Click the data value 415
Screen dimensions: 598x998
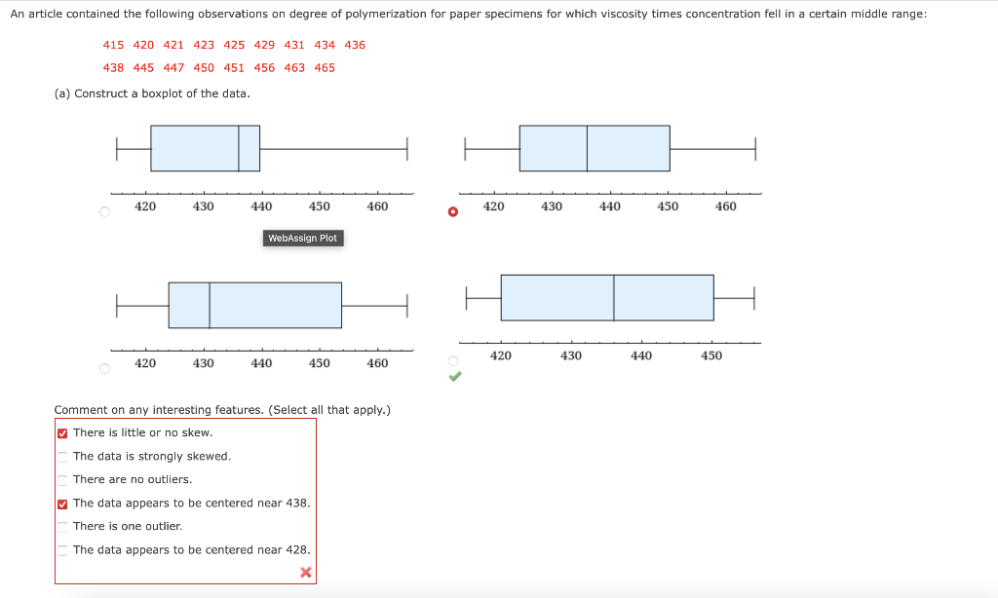(x=113, y=45)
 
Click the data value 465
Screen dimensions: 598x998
(x=325, y=68)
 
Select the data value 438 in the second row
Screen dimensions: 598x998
(x=113, y=68)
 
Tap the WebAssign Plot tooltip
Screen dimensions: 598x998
(x=302, y=239)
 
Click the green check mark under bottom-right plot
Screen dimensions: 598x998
(x=453, y=377)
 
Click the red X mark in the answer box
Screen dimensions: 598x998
(x=305, y=573)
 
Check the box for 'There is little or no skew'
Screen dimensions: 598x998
(x=62, y=433)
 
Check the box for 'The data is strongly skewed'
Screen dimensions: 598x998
(x=62, y=457)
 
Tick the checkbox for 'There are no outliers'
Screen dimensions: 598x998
(x=62, y=480)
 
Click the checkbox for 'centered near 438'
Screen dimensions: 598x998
(x=62, y=504)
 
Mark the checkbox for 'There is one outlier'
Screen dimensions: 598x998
(x=62, y=527)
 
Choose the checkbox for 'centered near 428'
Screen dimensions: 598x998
(x=62, y=550)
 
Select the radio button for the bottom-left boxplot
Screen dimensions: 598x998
(x=104, y=368)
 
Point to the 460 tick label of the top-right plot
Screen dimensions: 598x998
(x=726, y=206)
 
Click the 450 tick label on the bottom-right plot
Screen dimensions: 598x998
(x=711, y=356)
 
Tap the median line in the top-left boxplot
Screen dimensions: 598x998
(x=239, y=148)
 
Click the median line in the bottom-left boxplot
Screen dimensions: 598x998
(x=210, y=305)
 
